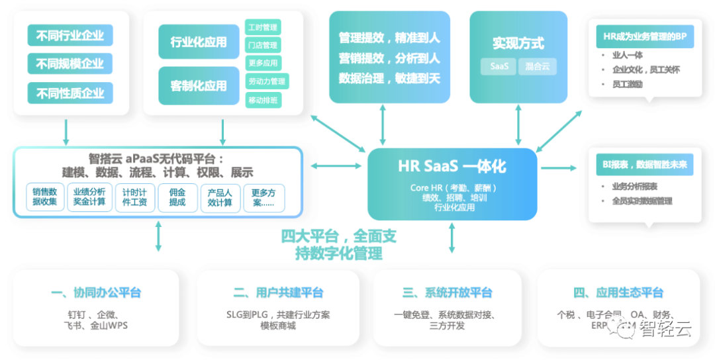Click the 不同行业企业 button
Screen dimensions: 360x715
(x=70, y=35)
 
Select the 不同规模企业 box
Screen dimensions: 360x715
(x=70, y=64)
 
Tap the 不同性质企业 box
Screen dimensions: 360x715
(x=70, y=93)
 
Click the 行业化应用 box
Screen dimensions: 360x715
(x=199, y=42)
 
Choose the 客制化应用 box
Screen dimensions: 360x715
(x=199, y=85)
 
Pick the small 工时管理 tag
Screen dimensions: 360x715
(x=263, y=28)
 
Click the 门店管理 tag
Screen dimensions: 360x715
(x=263, y=46)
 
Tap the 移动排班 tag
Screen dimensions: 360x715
(x=263, y=100)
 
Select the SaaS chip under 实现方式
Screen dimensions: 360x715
(x=499, y=66)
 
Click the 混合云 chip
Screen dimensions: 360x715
(x=537, y=66)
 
